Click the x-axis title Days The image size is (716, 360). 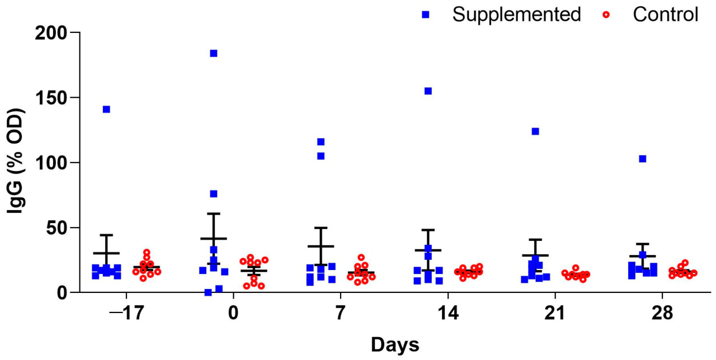coord(395,344)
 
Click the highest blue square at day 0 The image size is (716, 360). coord(213,54)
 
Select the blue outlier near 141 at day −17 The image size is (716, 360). coord(106,109)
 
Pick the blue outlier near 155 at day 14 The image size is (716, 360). coord(428,91)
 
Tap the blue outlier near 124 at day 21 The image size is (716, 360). coord(535,131)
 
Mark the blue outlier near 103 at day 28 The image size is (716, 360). coord(643,159)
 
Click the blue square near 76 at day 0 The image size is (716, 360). coord(213,194)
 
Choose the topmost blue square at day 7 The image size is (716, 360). coord(321,142)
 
